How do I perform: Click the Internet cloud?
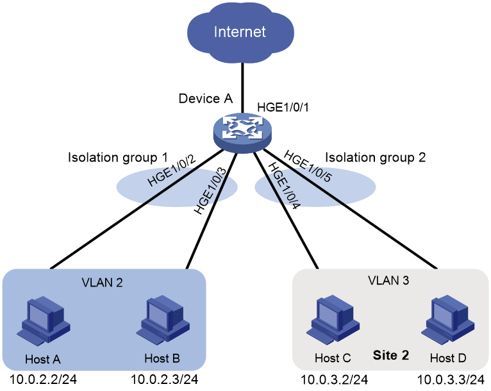point(240,31)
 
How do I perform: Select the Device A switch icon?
point(243,133)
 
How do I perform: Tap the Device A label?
point(205,99)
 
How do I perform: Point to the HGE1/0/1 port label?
point(283,108)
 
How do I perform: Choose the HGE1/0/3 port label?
point(210,191)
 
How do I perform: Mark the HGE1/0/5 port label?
point(307,166)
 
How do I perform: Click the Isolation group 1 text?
point(118,158)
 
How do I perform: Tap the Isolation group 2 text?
point(376,158)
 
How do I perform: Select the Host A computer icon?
point(43,321)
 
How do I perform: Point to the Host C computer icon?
point(333,320)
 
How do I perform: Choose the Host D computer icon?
point(448,320)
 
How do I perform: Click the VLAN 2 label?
point(102,283)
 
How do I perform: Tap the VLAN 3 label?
point(388,281)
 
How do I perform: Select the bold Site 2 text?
point(391,355)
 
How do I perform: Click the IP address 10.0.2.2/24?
point(43,379)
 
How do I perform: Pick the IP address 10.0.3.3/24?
point(451,379)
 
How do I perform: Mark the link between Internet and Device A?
point(242,88)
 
